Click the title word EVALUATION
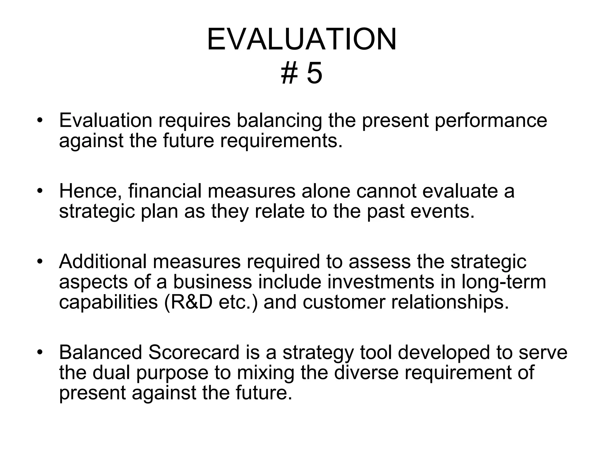302,40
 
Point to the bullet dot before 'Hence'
40,191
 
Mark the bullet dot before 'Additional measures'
40,262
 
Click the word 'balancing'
279,121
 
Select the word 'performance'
491,121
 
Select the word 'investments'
381,282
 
